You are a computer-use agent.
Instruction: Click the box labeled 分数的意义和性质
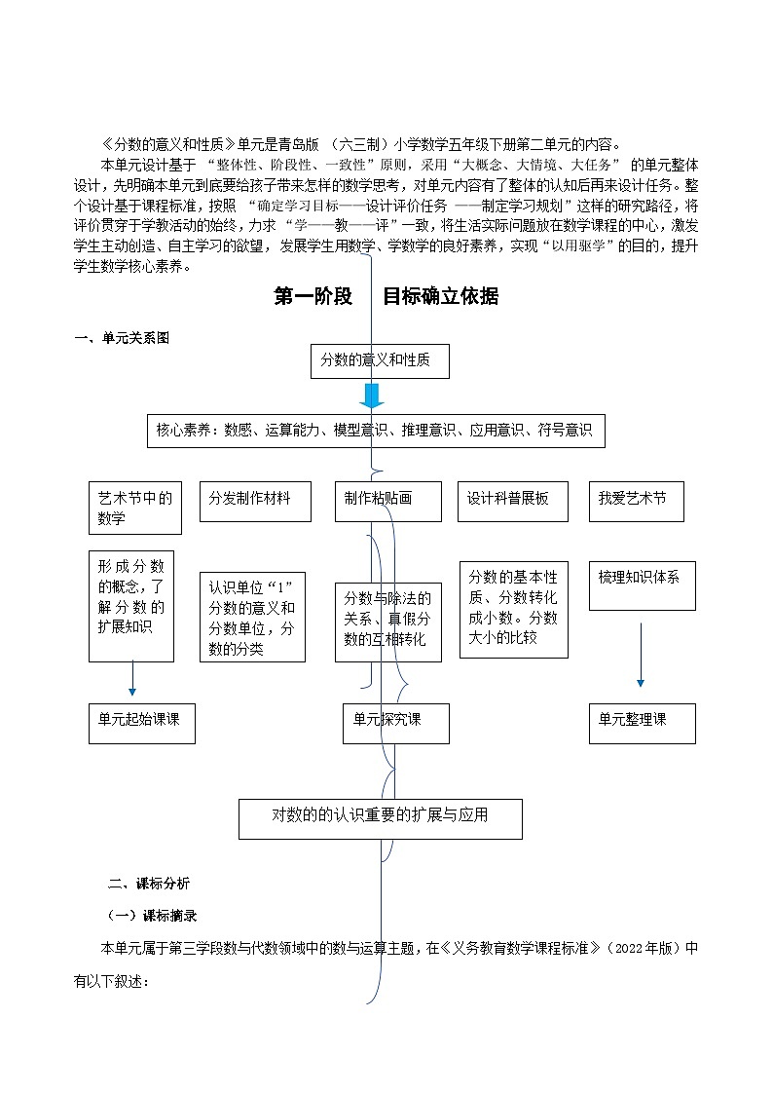click(x=380, y=361)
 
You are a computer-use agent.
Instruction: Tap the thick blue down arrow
click(x=371, y=395)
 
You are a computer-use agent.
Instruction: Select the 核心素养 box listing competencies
click(x=376, y=430)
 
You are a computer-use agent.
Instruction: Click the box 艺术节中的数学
click(x=134, y=508)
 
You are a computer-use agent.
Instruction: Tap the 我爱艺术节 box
click(x=636, y=501)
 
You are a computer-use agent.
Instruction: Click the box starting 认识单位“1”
click(x=252, y=617)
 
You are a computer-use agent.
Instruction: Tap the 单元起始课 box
click(x=141, y=723)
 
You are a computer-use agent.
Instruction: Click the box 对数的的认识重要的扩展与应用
click(x=381, y=818)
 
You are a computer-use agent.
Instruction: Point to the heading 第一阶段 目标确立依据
click(x=386, y=297)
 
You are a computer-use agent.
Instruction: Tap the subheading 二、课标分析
click(x=149, y=885)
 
